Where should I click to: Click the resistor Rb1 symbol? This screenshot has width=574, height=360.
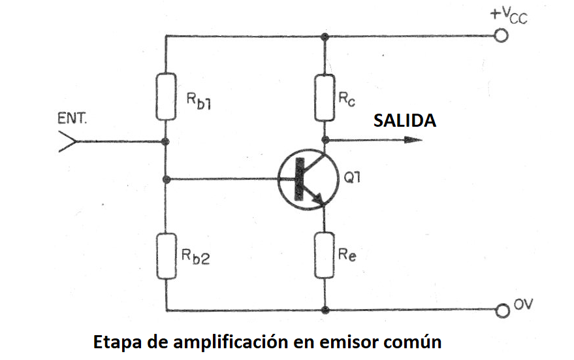[x=166, y=97]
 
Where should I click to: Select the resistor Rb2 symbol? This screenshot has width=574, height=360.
[x=167, y=256]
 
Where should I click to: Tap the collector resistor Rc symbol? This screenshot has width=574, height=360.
[x=325, y=98]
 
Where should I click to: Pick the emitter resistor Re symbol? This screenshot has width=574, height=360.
[x=325, y=255]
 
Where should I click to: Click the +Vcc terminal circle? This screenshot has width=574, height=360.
[x=501, y=36]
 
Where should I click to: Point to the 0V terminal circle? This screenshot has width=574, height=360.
[x=503, y=311]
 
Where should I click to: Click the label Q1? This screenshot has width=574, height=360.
[x=352, y=178]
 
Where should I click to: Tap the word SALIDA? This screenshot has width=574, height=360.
[x=404, y=120]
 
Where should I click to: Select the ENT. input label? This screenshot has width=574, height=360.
[x=72, y=119]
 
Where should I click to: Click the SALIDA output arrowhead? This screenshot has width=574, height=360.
[x=413, y=140]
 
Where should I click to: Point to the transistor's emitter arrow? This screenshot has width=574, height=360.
[x=319, y=198]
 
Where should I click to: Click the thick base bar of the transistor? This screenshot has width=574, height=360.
[x=300, y=179]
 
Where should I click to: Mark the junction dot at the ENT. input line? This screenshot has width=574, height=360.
[x=165, y=141]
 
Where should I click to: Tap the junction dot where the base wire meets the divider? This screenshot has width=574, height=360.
[x=167, y=180]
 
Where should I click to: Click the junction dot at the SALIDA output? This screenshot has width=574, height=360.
[x=325, y=140]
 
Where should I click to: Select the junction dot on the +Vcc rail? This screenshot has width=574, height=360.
[x=325, y=37]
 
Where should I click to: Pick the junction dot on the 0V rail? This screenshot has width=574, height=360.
[x=325, y=310]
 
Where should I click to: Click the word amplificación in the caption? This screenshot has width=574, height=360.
[x=231, y=343]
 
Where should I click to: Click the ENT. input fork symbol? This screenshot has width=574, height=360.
[x=68, y=141]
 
